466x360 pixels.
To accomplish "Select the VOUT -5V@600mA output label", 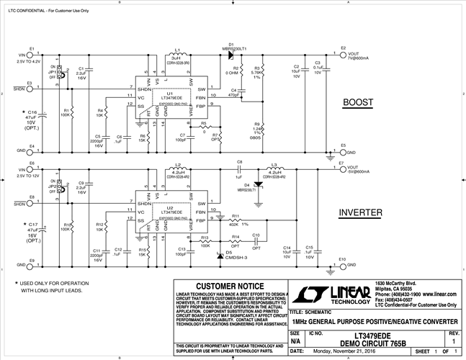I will [x=359, y=171].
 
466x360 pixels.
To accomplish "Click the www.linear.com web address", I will [x=442, y=294].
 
